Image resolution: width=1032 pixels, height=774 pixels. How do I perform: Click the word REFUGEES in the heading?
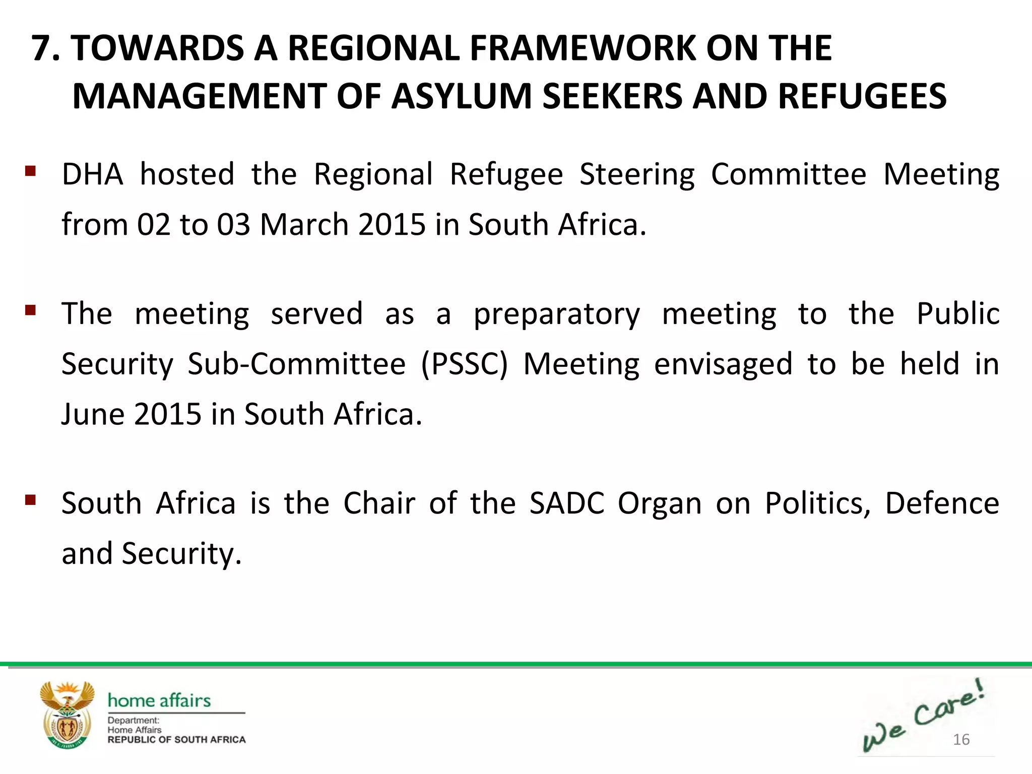pos(862,96)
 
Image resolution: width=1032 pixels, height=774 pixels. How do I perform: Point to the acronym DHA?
pos(92,174)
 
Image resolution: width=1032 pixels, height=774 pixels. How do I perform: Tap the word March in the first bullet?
pos(304,224)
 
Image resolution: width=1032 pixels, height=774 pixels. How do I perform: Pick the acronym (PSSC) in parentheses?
pos(464,364)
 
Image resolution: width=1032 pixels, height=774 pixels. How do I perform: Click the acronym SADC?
pos(566,503)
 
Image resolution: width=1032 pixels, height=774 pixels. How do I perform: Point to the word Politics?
pos(817,503)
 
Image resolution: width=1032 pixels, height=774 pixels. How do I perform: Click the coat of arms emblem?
pos(67,715)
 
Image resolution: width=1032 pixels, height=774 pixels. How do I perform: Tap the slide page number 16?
pos(961,739)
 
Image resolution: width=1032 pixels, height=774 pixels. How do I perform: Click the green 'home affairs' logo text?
pos(159,700)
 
